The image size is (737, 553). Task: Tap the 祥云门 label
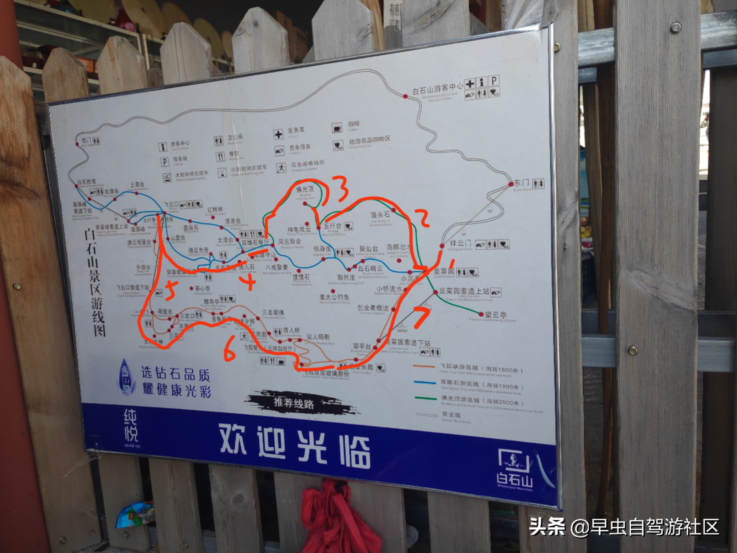460,243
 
